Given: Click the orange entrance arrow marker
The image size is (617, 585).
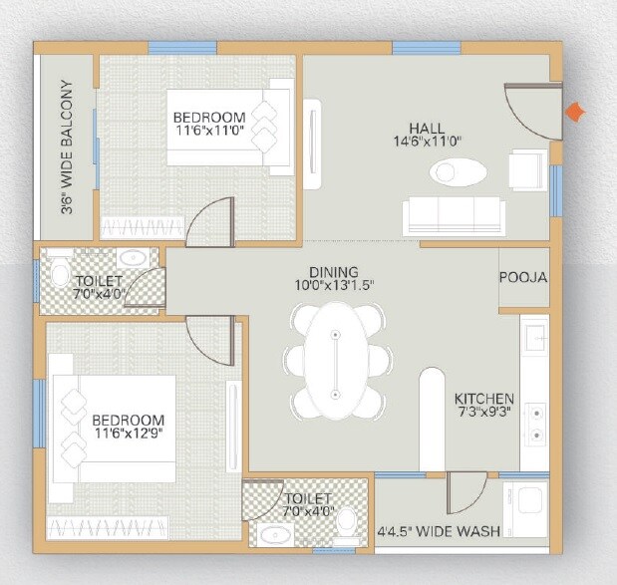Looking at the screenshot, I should pyautogui.click(x=575, y=113).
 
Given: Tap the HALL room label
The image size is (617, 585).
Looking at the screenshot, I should pyautogui.click(x=427, y=129).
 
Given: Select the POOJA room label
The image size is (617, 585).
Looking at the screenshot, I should pyautogui.click(x=523, y=277).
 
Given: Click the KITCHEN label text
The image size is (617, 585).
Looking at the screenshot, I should pyautogui.click(x=484, y=397).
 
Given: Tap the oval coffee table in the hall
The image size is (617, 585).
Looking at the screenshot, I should pyautogui.click(x=458, y=172).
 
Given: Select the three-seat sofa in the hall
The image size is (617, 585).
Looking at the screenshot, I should pyautogui.click(x=454, y=215).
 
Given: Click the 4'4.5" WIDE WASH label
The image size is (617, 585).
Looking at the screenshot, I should pyautogui.click(x=439, y=531).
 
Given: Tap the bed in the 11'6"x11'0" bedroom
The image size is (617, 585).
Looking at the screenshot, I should pyautogui.click(x=228, y=127).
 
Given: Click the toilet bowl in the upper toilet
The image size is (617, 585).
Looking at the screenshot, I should pyautogui.click(x=58, y=275).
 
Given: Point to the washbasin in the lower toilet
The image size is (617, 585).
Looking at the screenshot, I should pyautogui.click(x=272, y=535).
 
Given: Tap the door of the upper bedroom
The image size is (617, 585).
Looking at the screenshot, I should pyautogui.click(x=210, y=222).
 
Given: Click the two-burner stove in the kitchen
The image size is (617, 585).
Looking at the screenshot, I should pyautogui.click(x=535, y=422).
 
